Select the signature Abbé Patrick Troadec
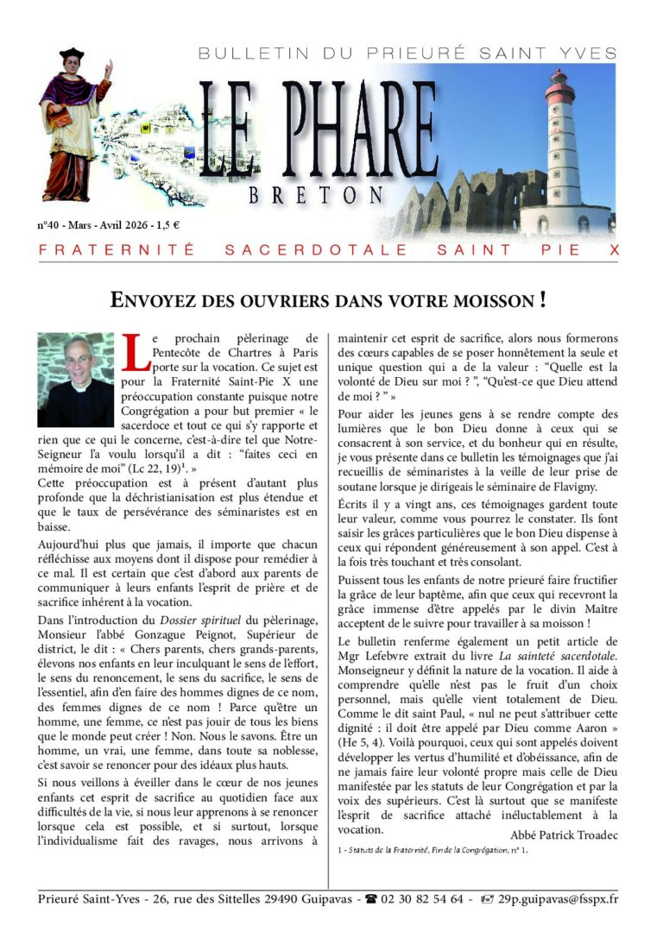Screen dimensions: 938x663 [x=565, y=834]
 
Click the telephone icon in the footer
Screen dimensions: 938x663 [x=373, y=898]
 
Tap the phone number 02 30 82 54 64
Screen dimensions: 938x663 [x=426, y=898]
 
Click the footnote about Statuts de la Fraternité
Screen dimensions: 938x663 [x=432, y=850]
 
